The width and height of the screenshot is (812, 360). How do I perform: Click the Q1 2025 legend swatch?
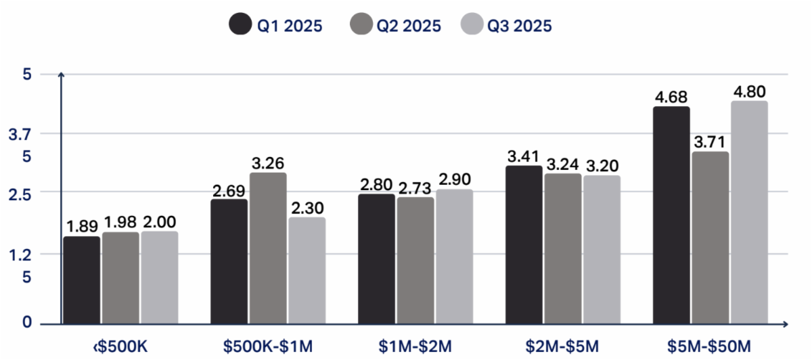(240, 25)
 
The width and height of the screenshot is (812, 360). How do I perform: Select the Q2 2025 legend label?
(409, 26)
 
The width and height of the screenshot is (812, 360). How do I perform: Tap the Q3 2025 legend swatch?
(472, 25)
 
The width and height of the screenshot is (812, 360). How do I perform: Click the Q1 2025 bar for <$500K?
(82, 279)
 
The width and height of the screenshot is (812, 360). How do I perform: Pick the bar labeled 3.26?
(268, 248)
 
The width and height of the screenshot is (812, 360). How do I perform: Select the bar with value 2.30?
(307, 270)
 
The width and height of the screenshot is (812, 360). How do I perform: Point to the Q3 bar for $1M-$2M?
(454, 256)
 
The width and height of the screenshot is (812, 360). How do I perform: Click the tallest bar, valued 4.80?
(749, 212)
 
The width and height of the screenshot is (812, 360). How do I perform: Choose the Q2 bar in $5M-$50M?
(710, 237)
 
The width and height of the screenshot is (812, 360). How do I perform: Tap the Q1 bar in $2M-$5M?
(524, 244)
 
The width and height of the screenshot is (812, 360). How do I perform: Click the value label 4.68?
(671, 96)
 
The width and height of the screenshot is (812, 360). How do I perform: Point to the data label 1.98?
(120, 222)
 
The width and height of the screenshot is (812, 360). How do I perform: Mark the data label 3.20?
(602, 165)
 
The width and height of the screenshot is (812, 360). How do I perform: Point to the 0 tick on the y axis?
(27, 322)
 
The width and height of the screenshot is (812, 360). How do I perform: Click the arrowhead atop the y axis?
(61, 74)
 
